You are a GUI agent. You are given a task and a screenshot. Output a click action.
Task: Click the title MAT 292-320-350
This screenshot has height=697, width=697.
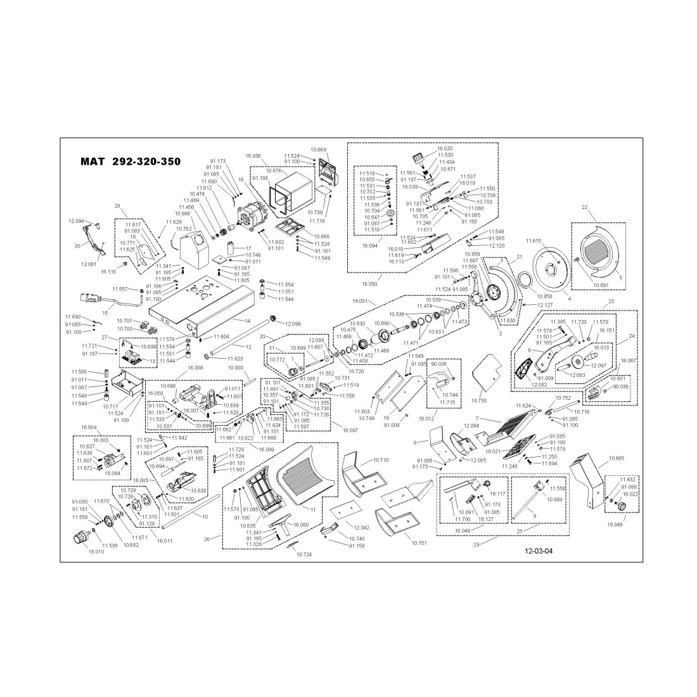(x=131, y=162)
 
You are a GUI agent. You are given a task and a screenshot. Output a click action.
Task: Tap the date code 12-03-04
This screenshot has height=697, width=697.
(x=539, y=551)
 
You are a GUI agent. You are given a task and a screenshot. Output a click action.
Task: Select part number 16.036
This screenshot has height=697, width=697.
(x=252, y=156)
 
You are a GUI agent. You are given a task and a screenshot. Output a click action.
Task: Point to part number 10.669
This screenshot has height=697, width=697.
(x=318, y=150)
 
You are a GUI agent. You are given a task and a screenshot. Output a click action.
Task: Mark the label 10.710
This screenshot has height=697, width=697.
(x=381, y=459)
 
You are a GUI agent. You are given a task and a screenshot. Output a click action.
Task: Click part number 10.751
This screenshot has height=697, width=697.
(x=419, y=543)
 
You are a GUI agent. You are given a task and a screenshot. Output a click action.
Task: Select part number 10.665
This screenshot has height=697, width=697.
(x=617, y=457)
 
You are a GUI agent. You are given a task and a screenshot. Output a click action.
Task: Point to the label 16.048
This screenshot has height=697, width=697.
(x=615, y=525)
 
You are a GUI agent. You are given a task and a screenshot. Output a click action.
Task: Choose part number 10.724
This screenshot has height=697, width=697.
(x=305, y=554)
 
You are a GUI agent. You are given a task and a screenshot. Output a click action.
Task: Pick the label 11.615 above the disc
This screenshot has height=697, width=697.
(x=534, y=241)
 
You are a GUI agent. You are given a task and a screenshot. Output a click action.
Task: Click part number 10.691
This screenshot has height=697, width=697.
(x=601, y=285)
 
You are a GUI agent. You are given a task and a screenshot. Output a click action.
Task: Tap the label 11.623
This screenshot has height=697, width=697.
(x=234, y=359)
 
